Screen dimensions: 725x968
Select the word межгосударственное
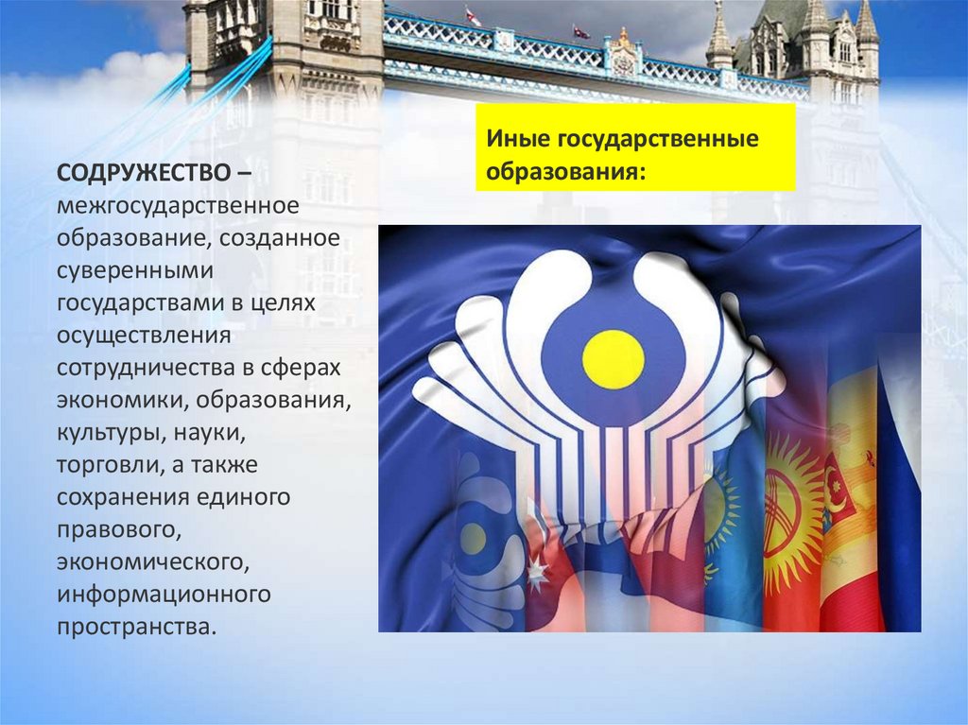click(x=178, y=204)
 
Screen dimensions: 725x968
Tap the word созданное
click(x=279, y=236)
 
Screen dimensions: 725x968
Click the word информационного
click(x=164, y=595)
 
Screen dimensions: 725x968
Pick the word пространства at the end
click(x=130, y=627)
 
